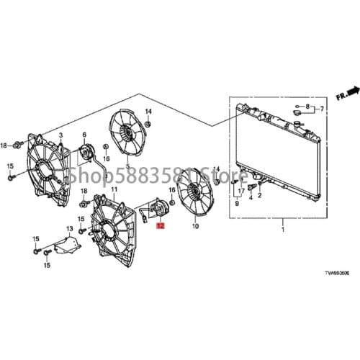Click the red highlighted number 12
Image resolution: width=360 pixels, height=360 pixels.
[x=160, y=225]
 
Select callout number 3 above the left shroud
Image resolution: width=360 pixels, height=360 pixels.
[x=60, y=136]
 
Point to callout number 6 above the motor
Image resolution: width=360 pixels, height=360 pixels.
[x=84, y=135]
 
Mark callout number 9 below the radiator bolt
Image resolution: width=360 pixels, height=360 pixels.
[x=235, y=204]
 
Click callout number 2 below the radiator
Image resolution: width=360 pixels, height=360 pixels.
[x=259, y=194]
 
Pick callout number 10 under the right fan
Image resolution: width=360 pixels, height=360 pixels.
[x=194, y=226]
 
